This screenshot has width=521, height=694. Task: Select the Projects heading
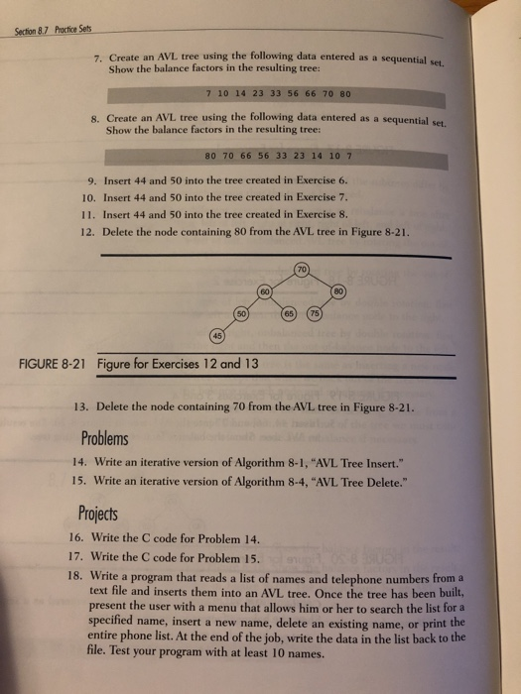click(98, 514)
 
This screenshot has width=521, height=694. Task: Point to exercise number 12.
click(80, 232)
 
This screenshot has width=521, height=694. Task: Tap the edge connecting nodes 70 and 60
click(282, 282)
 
